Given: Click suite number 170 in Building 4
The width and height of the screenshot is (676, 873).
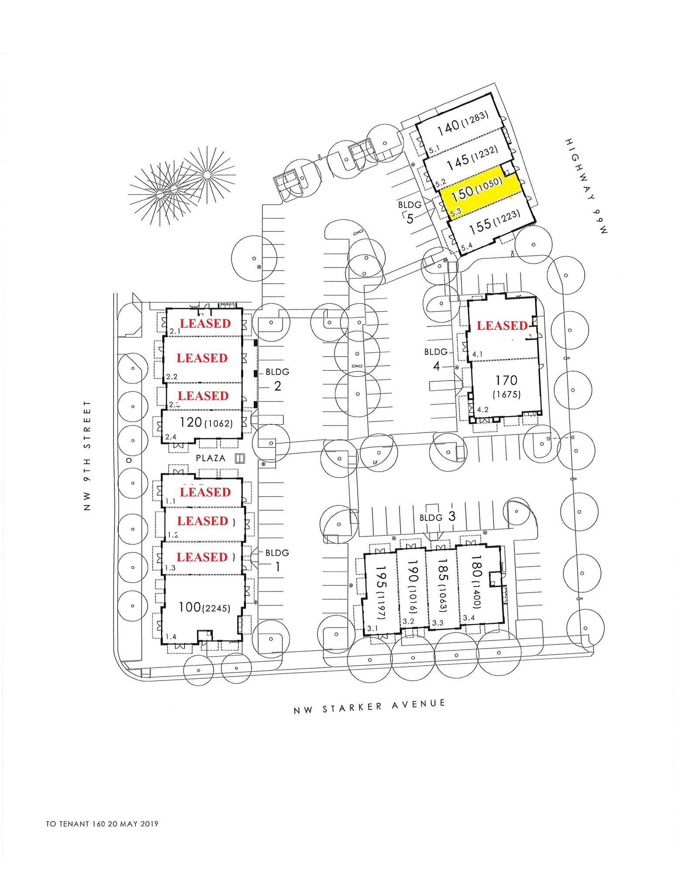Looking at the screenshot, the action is tap(506, 380).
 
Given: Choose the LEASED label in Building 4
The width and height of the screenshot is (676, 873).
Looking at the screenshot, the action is tap(502, 326).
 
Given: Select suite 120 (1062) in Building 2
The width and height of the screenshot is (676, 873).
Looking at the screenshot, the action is tap(206, 422).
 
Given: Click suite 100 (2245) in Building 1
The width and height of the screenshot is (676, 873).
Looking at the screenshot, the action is tap(204, 607).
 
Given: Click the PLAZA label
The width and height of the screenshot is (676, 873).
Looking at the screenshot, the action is tap(210, 458).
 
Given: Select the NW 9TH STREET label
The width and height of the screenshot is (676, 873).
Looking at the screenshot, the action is tap(87, 456).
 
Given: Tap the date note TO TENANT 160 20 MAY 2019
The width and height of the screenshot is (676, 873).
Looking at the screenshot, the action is tap(102, 824).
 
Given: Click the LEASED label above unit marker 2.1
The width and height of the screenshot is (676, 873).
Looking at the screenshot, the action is tap(205, 323).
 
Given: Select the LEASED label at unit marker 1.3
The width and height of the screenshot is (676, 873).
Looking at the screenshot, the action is tap(202, 557).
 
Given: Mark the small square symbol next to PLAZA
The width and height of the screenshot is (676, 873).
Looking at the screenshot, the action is tap(239, 458).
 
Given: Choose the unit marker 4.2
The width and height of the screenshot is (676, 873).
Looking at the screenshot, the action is tap(483, 409).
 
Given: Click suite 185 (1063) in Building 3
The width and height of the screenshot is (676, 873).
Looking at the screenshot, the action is tap(443, 585).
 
